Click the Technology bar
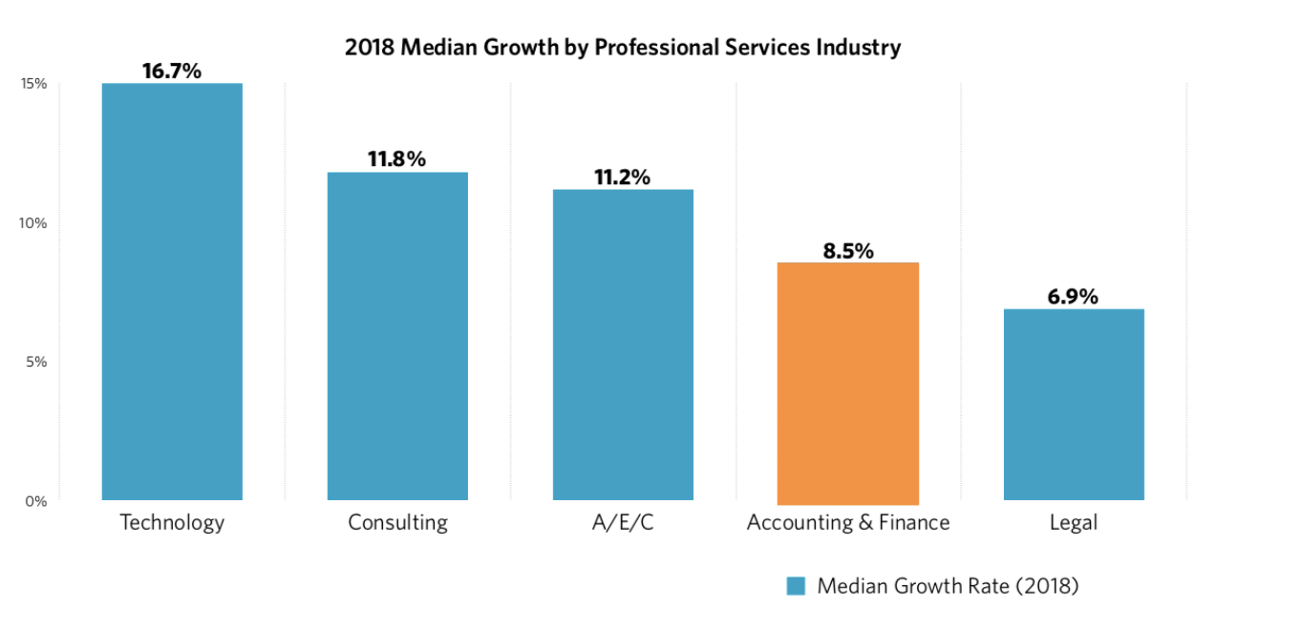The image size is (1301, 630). click(172, 291)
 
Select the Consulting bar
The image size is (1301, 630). click(397, 336)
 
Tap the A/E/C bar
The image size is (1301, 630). click(623, 345)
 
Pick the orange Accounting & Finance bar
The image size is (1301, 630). click(848, 382)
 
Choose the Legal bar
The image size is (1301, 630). click(1074, 404)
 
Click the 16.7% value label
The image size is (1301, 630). click(172, 71)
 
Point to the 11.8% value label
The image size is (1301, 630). click(397, 159)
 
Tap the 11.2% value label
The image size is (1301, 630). click(622, 177)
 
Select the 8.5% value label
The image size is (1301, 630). click(848, 251)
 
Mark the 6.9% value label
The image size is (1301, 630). click(1073, 296)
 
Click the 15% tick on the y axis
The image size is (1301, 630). click(33, 84)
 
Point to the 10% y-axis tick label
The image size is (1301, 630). click(33, 222)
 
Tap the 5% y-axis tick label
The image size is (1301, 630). click(36, 362)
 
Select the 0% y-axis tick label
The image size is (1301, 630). click(36, 501)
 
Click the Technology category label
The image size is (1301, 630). click(172, 523)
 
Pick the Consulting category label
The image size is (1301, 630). click(397, 523)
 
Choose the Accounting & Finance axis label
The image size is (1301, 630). click(848, 523)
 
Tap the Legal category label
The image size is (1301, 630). click(1074, 523)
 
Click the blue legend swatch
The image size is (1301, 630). click(796, 586)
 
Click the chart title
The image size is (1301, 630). click(623, 48)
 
